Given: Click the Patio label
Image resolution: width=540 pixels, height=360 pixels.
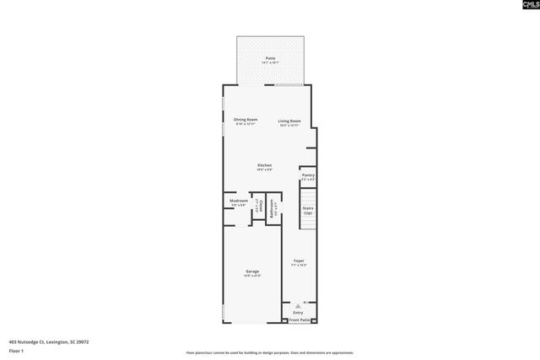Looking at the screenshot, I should pyautogui.click(x=270, y=58).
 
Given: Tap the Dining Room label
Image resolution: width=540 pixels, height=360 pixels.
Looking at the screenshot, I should pyautogui.click(x=246, y=121).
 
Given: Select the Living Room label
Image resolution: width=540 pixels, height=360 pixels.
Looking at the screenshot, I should pyautogui.click(x=289, y=121).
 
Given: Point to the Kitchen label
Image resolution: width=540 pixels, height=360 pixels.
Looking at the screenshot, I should pyautogui.click(x=265, y=164).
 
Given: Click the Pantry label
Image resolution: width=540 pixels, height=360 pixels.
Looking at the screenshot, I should pyautogui.click(x=308, y=175).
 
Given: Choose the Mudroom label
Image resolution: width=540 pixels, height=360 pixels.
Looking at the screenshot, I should pyautogui.click(x=239, y=201).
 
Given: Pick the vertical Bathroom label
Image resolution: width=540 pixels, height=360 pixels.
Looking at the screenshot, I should pyautogui.click(x=272, y=208).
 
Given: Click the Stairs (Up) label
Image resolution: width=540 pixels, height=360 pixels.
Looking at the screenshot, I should pyautogui.click(x=308, y=209).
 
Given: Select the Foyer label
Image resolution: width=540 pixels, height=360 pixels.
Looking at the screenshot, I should pyautogui.click(x=298, y=261).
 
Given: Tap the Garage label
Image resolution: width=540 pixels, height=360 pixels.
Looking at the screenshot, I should pyautogui.click(x=252, y=271).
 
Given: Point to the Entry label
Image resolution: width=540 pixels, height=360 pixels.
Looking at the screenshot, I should pyautogui.click(x=298, y=312).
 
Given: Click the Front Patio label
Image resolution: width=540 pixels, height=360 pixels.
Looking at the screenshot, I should pyautogui.click(x=300, y=320).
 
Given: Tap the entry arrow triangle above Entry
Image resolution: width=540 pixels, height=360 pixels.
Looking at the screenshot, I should pyautogui.click(x=296, y=305).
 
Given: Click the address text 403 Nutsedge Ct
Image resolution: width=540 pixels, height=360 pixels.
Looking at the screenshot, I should pyautogui.click(x=49, y=341).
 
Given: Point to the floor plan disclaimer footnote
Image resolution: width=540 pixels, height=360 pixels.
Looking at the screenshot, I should pyautogui.click(x=270, y=352).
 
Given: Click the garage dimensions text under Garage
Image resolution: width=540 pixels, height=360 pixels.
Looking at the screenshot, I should pyautogui.click(x=252, y=276).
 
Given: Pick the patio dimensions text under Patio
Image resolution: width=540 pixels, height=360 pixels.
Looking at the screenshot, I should pyautogui.click(x=270, y=62).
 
